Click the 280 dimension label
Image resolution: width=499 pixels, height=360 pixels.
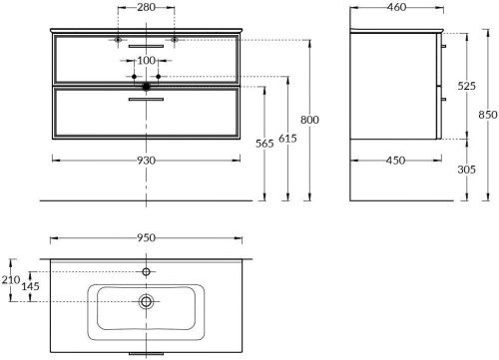[147, 7]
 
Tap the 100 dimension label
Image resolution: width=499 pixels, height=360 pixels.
[147, 60]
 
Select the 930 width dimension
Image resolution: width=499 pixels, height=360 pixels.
[147, 161]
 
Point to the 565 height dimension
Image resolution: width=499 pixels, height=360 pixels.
[264, 144]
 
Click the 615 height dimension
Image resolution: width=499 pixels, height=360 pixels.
[287, 139]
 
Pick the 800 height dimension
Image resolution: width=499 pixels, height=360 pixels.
[309, 120]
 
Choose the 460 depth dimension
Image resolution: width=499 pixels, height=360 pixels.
[397, 7]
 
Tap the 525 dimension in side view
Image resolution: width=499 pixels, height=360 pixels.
[466, 86]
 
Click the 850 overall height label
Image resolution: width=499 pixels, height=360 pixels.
[488, 115]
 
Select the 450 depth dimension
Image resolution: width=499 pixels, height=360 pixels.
[396, 161]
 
